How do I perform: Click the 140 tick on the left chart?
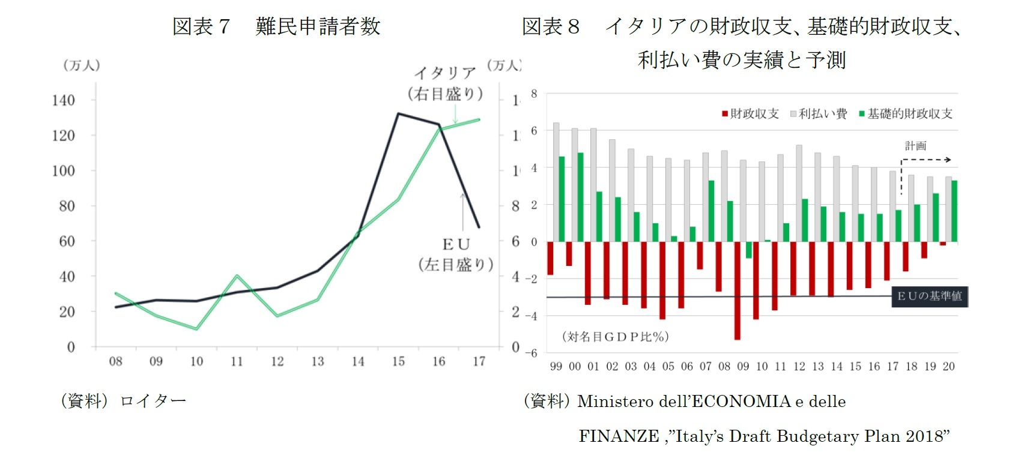tap(63, 100)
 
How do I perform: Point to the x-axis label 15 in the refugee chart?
tap(398, 361)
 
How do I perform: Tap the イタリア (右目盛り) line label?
tap(445, 83)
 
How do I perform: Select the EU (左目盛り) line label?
tap(456, 255)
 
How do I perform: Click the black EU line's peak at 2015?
tap(399, 113)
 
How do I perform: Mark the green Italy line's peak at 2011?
tap(237, 276)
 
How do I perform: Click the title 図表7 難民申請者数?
tap(276, 26)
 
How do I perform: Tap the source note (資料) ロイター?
tap(123, 400)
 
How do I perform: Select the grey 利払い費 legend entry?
tap(818, 114)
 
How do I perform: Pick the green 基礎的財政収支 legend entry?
tap(905, 114)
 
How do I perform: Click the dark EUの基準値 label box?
tap(929, 296)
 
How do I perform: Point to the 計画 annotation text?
tap(915, 146)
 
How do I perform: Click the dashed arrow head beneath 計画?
tap(948, 160)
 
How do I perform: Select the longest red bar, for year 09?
tap(738, 291)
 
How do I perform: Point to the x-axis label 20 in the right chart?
tap(948, 366)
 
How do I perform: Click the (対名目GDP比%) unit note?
tap(615, 337)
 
